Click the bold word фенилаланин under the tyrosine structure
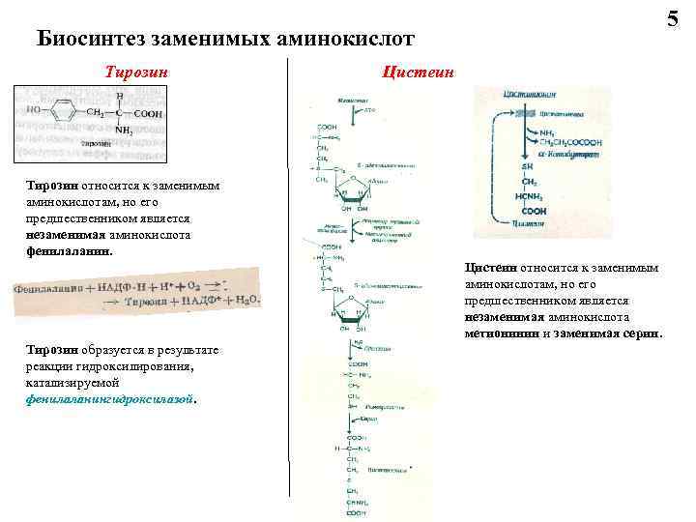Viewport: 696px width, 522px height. coord(70,250)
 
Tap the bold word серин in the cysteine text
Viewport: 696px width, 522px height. coord(643,333)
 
